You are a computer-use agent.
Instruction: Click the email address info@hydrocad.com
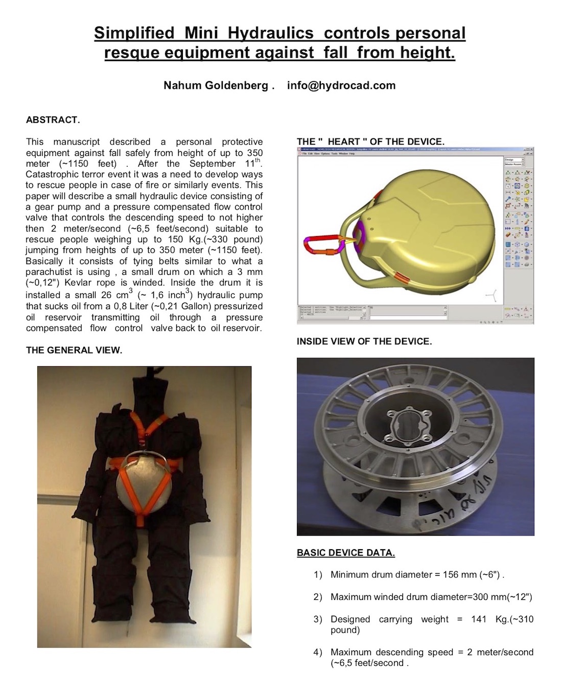point(341,85)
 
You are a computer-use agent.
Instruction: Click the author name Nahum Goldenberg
point(216,85)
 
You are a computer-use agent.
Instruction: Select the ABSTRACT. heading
point(53,120)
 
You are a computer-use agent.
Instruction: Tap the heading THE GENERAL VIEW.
point(74,350)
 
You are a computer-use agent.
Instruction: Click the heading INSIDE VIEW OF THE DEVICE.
point(364,341)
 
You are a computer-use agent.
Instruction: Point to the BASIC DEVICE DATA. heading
point(345,552)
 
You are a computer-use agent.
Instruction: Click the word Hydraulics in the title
point(270,33)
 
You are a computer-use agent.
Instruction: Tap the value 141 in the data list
point(479,619)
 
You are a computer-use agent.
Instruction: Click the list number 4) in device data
point(318,652)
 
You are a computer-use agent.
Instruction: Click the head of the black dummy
point(151,391)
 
